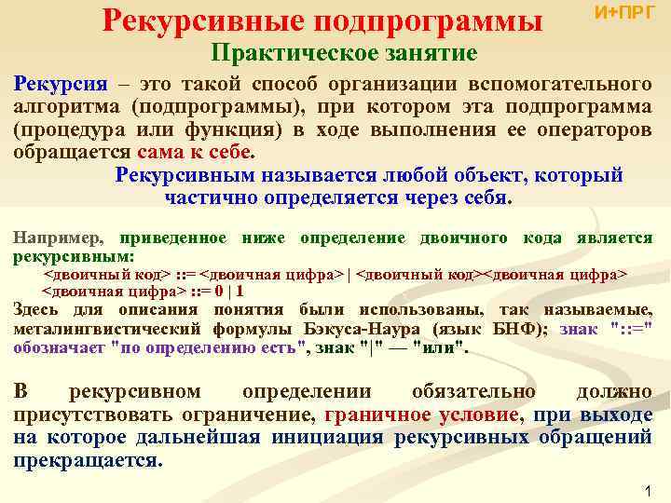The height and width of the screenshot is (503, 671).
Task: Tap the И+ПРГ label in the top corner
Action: coord(624,12)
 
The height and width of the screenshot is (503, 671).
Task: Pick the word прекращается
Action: coord(86,460)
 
